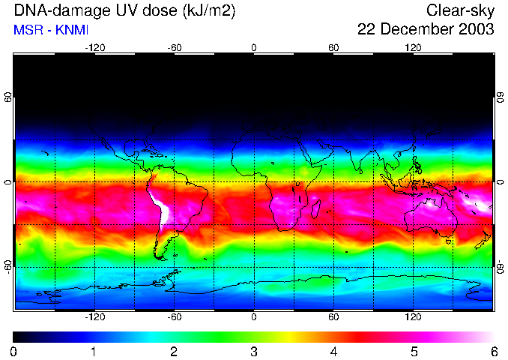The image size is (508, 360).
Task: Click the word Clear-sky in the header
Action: pos(460,10)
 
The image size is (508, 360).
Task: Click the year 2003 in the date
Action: pos(476,30)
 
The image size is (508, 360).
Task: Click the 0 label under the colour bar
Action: pos(14,351)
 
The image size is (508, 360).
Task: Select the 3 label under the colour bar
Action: pos(254,351)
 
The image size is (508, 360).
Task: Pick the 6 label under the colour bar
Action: pos(493,351)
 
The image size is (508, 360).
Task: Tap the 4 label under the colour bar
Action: pos(333,351)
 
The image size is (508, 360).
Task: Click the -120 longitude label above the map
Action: pos(94,48)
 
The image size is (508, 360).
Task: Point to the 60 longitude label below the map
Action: pos(333,316)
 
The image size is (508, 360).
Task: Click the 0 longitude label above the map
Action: pos(254,48)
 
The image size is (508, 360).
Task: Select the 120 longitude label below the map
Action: pos(413,316)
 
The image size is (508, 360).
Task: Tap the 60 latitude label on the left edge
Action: pos(7,100)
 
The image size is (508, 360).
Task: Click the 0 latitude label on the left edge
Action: pos(7,182)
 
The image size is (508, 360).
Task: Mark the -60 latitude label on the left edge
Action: pos(7,265)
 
